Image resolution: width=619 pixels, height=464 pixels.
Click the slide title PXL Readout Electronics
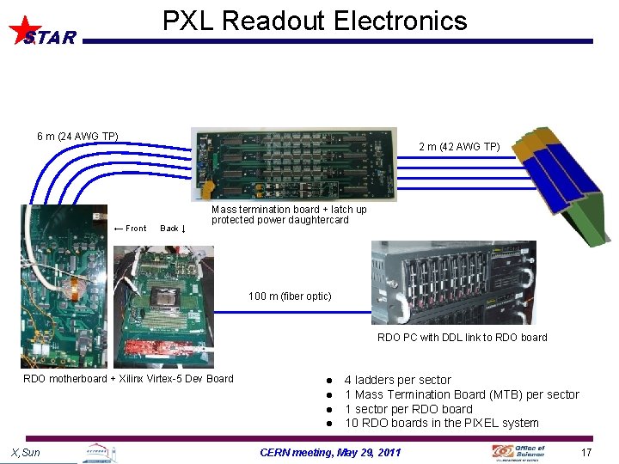(315, 21)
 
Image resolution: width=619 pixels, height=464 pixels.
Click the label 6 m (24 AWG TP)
(77, 136)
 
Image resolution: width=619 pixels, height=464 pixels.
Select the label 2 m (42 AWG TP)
(459, 147)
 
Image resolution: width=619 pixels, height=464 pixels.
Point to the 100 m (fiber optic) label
(290, 296)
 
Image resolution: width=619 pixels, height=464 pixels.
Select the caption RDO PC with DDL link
(462, 338)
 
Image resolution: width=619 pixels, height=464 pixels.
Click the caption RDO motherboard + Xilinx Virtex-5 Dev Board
(128, 379)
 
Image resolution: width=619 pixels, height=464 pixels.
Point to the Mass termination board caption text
(289, 215)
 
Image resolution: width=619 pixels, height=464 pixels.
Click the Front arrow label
(130, 229)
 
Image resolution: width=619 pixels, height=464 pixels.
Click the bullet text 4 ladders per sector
(397, 380)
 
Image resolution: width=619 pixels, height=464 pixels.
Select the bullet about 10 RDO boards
(441, 423)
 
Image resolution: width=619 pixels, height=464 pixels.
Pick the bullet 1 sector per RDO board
(408, 409)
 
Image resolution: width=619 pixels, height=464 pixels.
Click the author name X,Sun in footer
(25, 453)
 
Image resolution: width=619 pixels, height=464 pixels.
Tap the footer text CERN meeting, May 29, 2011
(330, 453)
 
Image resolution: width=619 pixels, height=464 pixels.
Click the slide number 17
(586, 453)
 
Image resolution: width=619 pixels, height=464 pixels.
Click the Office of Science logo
(518, 451)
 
